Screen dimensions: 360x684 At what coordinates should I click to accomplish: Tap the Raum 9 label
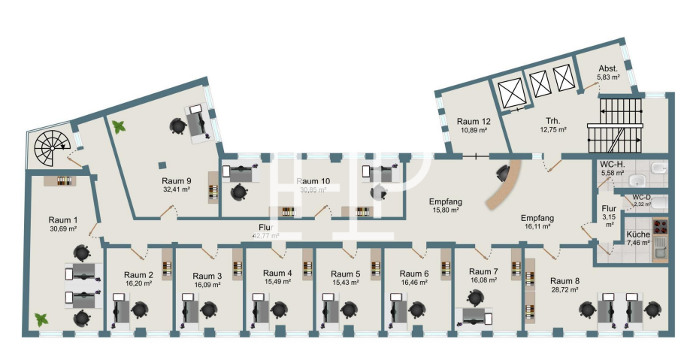(x=177, y=181)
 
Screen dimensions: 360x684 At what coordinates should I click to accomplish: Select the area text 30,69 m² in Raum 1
(x=64, y=228)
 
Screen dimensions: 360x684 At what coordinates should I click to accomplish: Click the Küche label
(x=618, y=234)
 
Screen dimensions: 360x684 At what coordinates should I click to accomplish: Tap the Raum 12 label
(x=473, y=121)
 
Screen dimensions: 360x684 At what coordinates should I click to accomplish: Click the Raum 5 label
(x=347, y=274)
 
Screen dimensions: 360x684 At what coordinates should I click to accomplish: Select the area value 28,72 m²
(x=564, y=289)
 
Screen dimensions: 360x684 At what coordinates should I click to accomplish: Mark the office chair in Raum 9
(x=178, y=126)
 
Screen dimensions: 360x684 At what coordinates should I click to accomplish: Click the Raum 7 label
(x=483, y=271)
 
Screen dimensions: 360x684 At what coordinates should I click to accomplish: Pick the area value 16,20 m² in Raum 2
(x=138, y=284)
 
